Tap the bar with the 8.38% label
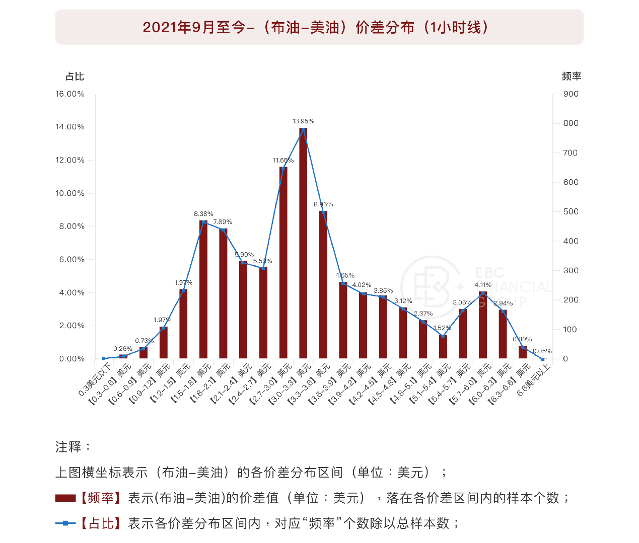(x=203, y=289)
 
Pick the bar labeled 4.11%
(x=483, y=325)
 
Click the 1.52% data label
(x=442, y=328)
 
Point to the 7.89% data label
(x=223, y=222)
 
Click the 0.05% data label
(x=542, y=351)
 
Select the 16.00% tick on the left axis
(x=70, y=94)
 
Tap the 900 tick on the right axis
(x=571, y=94)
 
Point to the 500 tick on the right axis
(x=571, y=212)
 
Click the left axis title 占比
(x=75, y=76)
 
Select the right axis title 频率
(x=572, y=76)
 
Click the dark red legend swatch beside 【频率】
(x=65, y=498)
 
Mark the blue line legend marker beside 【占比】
(x=65, y=523)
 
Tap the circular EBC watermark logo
(x=431, y=285)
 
